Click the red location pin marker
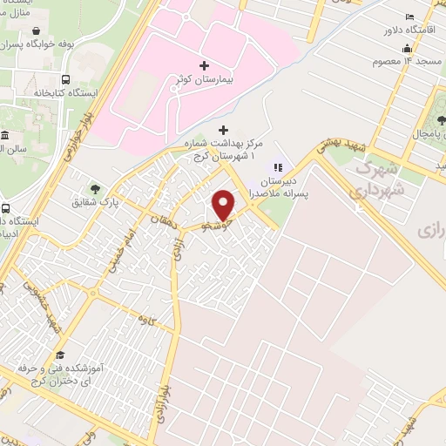coord(224,204)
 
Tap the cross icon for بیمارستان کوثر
coord(204,65)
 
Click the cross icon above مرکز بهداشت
coord(222,130)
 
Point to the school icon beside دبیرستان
coord(279,167)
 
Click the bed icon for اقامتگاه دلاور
coord(409,17)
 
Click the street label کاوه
coord(147,321)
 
